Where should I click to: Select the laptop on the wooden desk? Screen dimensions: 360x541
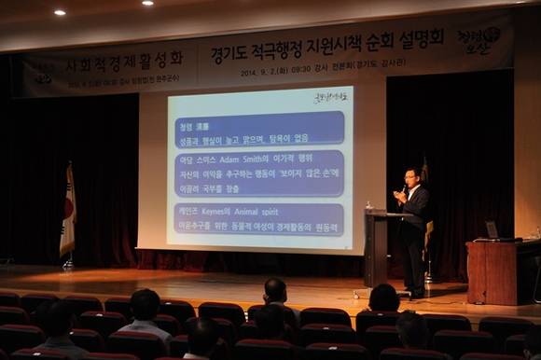[492, 229]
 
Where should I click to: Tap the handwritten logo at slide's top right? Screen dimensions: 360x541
[330, 95]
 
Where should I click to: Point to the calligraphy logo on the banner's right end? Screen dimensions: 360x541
[479, 38]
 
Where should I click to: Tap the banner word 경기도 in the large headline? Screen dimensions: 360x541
[228, 51]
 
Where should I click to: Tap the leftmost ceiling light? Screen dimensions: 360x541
[60, 12]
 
